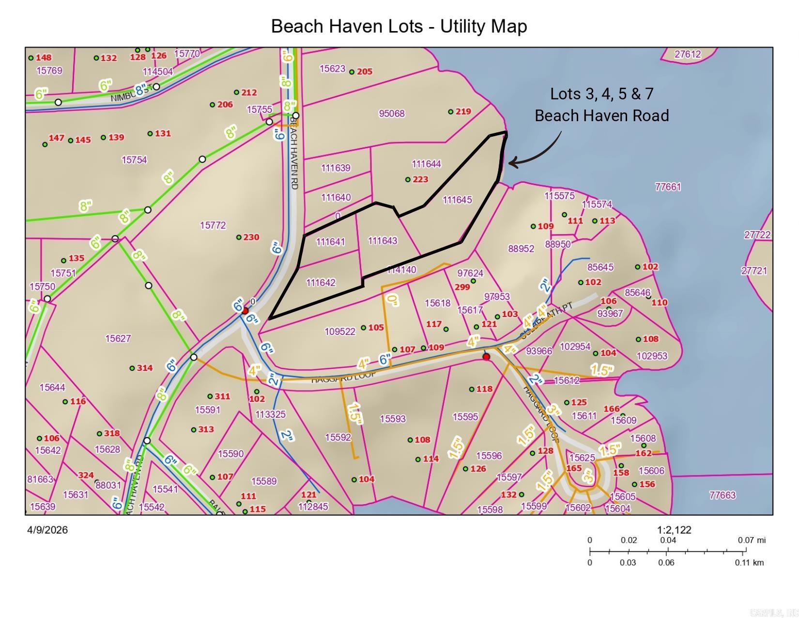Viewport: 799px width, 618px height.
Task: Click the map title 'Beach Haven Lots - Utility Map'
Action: coord(399,26)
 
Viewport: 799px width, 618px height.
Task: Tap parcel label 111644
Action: coord(426,164)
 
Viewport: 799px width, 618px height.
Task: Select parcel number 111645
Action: coord(457,200)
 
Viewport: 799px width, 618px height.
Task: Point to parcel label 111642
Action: coord(321,283)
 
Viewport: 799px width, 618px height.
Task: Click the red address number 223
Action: coord(420,179)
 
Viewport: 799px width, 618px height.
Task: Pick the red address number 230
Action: coord(251,237)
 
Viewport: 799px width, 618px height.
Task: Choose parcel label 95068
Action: coord(391,113)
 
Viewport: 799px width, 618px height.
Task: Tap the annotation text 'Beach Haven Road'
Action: coord(601,116)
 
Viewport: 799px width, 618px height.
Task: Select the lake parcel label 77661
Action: coord(668,187)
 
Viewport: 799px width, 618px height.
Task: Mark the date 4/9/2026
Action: coord(47,530)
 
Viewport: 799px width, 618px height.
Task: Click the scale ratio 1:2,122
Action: coord(674,530)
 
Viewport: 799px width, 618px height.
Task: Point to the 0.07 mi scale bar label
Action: coord(752,540)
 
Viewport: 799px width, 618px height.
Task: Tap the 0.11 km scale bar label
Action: coord(749,563)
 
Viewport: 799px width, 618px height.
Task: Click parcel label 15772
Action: coord(213,225)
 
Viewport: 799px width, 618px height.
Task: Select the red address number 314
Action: coord(144,368)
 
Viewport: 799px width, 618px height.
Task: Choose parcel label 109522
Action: coord(340,332)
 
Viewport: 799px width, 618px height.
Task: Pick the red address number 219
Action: coord(463,111)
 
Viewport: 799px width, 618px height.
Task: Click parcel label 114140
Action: coord(401,270)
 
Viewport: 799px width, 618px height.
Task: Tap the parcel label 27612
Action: coord(688,54)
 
